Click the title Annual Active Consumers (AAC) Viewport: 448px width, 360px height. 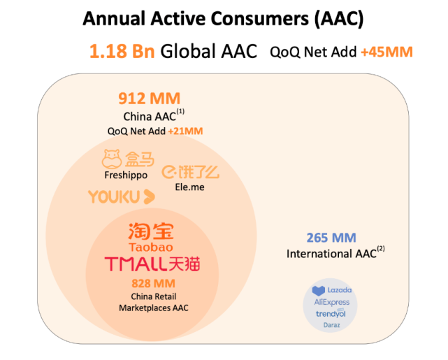coord(223,19)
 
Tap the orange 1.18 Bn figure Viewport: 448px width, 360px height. coord(122,51)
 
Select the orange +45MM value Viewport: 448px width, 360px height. coord(387,52)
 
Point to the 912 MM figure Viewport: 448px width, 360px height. coord(150,99)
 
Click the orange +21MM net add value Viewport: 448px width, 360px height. coord(186,131)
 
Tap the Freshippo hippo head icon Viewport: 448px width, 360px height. coord(112,159)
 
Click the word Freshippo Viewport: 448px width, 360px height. coord(126,175)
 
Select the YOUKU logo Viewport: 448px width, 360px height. coord(122,196)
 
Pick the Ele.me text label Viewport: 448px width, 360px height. coord(189,187)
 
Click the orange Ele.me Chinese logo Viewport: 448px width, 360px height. coord(191,172)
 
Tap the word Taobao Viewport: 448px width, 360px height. coord(151,247)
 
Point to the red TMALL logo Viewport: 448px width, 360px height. coord(152,264)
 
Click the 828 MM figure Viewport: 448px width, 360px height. coord(154,283)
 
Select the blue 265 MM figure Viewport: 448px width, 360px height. coord(331,238)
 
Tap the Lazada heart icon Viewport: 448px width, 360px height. coord(319,291)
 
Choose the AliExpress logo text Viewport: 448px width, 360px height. coord(332,302)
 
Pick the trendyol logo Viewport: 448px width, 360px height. coord(331,314)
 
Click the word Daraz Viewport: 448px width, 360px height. coord(332,325)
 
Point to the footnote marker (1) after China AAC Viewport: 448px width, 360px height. coord(180,111)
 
